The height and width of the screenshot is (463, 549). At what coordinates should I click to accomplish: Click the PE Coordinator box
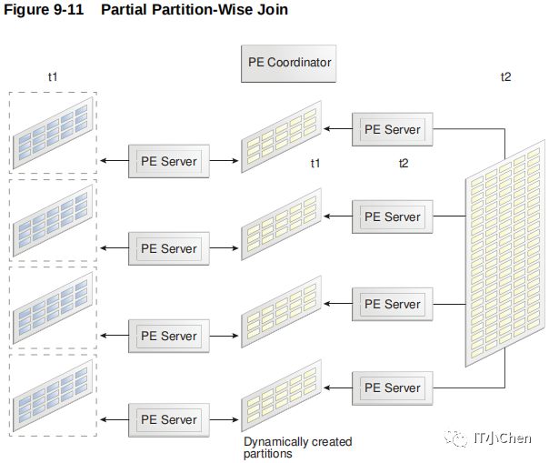288,64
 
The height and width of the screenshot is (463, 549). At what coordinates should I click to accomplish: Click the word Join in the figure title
273,9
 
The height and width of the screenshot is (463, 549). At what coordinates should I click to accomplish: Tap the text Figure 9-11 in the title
44,9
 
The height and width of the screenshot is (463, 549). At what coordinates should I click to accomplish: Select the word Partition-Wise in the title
201,9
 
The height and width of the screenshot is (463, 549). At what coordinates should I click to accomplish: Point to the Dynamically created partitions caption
297,448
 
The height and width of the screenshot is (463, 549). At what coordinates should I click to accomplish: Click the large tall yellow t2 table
504,253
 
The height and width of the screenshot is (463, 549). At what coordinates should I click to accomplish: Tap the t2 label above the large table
505,76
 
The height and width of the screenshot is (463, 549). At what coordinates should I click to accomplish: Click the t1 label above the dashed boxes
53,76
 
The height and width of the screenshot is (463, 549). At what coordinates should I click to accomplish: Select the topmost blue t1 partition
53,133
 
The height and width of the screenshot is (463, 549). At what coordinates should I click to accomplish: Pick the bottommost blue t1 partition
53,396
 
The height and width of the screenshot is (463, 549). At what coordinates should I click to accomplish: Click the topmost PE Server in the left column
169,161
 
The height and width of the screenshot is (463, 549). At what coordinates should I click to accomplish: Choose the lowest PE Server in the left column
169,420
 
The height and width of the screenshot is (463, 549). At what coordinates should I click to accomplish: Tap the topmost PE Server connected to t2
392,129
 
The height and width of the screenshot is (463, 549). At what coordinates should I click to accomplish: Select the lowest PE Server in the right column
392,388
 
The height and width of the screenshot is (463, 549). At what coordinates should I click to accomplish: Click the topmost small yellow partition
281,136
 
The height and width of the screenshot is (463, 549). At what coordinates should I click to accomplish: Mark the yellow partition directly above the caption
281,396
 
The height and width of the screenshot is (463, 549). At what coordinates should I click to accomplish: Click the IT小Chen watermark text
502,438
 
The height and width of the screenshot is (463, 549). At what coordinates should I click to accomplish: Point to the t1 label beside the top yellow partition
315,164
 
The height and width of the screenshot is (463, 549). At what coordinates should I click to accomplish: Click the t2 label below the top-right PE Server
404,164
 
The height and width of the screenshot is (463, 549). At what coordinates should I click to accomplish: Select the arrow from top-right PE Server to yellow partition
338,129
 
